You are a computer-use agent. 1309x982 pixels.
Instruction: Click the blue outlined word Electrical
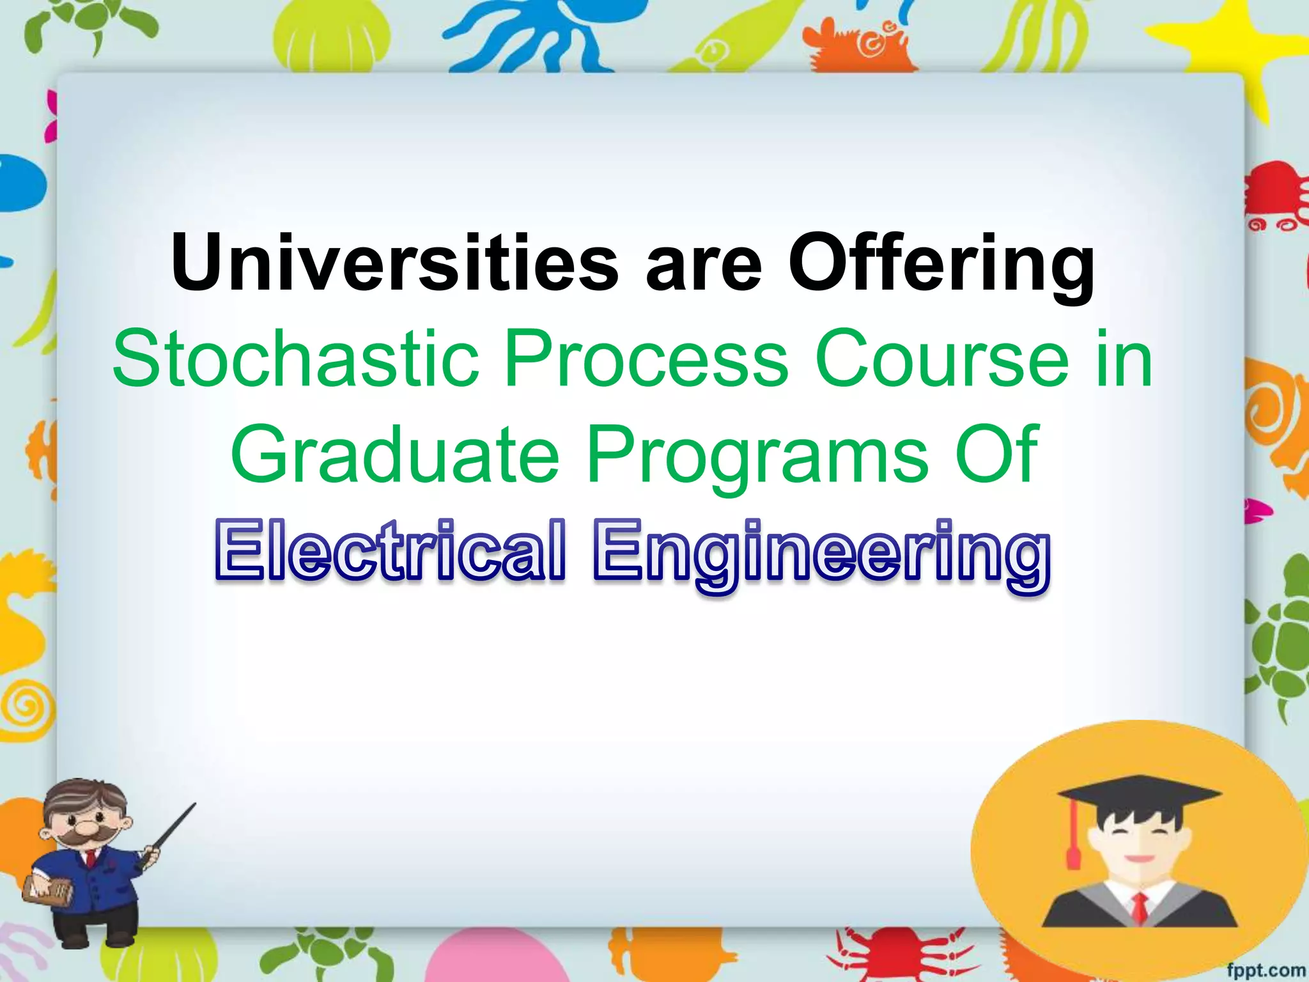pos(391,551)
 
